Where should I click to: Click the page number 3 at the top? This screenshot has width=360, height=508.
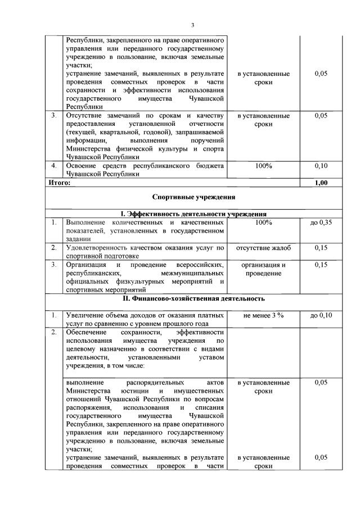(x=192, y=25)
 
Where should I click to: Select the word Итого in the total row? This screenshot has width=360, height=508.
(x=57, y=183)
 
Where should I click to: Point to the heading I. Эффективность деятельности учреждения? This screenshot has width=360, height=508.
(x=193, y=214)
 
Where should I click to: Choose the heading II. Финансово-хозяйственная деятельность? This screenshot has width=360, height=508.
(x=193, y=298)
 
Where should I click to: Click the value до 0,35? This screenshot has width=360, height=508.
(x=321, y=223)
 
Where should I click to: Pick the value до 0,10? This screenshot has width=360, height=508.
(x=321, y=316)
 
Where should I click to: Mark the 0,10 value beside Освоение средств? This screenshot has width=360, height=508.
(x=321, y=166)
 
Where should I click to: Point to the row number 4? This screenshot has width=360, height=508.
(x=53, y=166)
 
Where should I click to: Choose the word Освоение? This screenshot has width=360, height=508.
(x=82, y=166)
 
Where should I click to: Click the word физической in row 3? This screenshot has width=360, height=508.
(x=129, y=149)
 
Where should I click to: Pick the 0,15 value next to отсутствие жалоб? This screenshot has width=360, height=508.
(x=321, y=247)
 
